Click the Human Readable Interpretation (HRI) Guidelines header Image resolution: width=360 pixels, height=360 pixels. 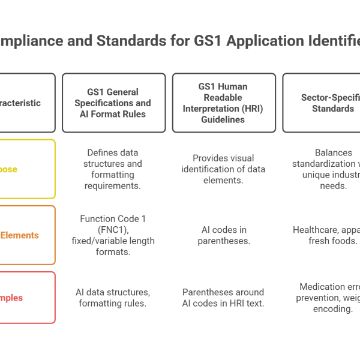[224, 103]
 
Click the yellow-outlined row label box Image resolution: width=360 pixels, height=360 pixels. [27, 169]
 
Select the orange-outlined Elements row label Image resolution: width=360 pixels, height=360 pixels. [27, 235]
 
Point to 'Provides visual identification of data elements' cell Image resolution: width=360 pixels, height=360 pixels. [224, 169]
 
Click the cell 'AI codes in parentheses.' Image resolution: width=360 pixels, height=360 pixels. [224, 235]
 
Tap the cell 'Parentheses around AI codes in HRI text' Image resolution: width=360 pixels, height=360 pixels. [224, 298]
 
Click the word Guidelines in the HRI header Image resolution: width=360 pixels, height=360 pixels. [224, 120]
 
